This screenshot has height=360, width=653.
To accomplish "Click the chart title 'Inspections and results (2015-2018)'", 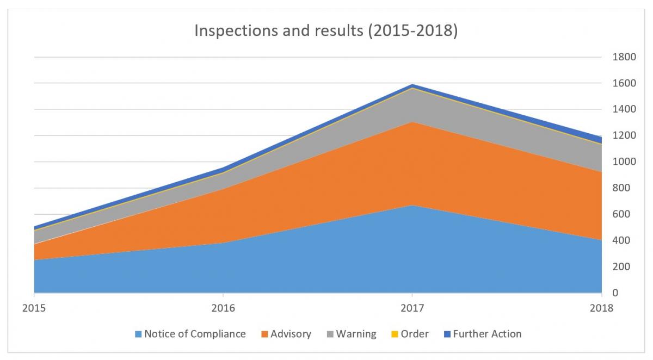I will click(x=326, y=31).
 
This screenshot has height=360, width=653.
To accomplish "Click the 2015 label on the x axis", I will click(x=34, y=308).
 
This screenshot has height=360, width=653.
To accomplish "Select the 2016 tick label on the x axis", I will click(x=223, y=308).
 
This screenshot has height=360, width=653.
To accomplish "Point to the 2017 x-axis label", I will click(x=412, y=308).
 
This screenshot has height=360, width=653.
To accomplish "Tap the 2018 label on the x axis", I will click(x=601, y=308).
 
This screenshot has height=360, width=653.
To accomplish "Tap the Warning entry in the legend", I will click(x=351, y=334).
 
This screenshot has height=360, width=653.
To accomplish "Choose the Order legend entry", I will click(x=409, y=334).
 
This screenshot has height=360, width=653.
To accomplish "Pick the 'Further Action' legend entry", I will click(x=481, y=334).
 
